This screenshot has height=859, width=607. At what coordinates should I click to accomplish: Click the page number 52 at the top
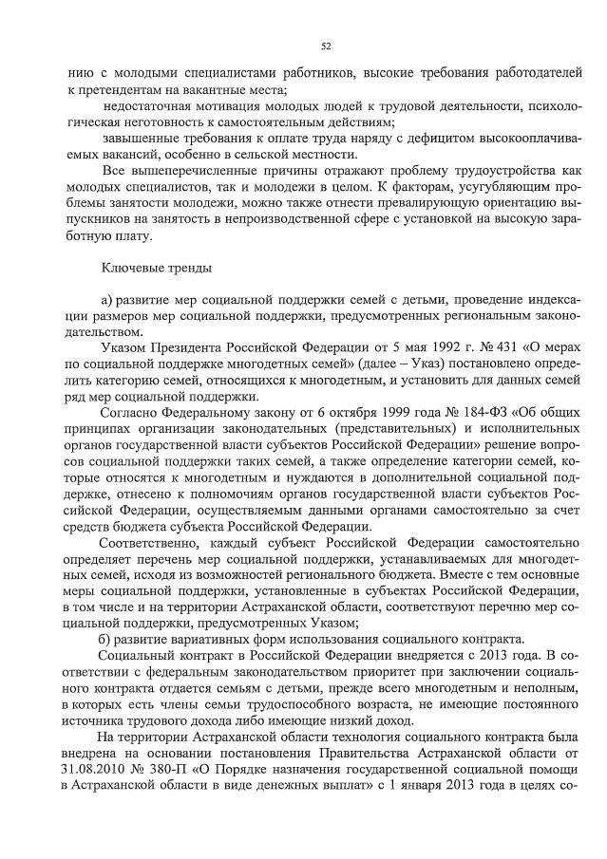pos(326,45)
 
